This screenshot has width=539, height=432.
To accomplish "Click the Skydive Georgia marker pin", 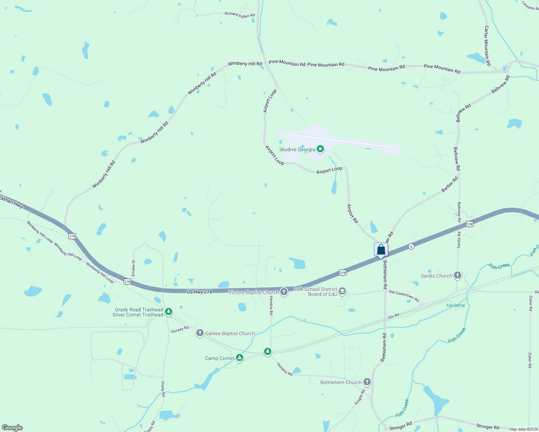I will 320,149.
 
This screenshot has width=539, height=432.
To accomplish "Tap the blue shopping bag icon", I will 381,249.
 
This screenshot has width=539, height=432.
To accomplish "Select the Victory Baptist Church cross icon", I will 284,292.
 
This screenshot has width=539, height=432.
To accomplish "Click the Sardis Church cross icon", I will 458,276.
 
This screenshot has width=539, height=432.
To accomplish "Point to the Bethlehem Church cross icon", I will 367,382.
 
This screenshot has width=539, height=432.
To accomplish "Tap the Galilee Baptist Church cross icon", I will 200,333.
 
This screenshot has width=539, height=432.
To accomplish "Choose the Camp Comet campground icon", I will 240,358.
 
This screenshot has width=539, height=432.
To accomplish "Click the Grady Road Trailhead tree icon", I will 168,311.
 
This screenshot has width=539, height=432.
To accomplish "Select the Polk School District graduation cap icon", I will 342,291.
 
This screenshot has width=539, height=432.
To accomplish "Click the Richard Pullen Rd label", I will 240,15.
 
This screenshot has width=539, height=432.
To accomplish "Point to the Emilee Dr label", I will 133,268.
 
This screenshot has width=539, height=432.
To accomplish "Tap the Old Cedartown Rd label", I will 404,296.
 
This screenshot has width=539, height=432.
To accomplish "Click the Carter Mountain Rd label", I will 487,45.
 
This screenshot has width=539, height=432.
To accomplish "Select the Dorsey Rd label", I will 180,329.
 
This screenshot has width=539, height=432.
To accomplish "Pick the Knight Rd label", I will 360,397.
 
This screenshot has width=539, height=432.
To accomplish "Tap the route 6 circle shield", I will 411,246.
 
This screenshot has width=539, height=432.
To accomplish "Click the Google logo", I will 12,428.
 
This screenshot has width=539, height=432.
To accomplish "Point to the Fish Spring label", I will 456,305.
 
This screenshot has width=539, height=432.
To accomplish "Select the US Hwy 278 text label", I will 199,292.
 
